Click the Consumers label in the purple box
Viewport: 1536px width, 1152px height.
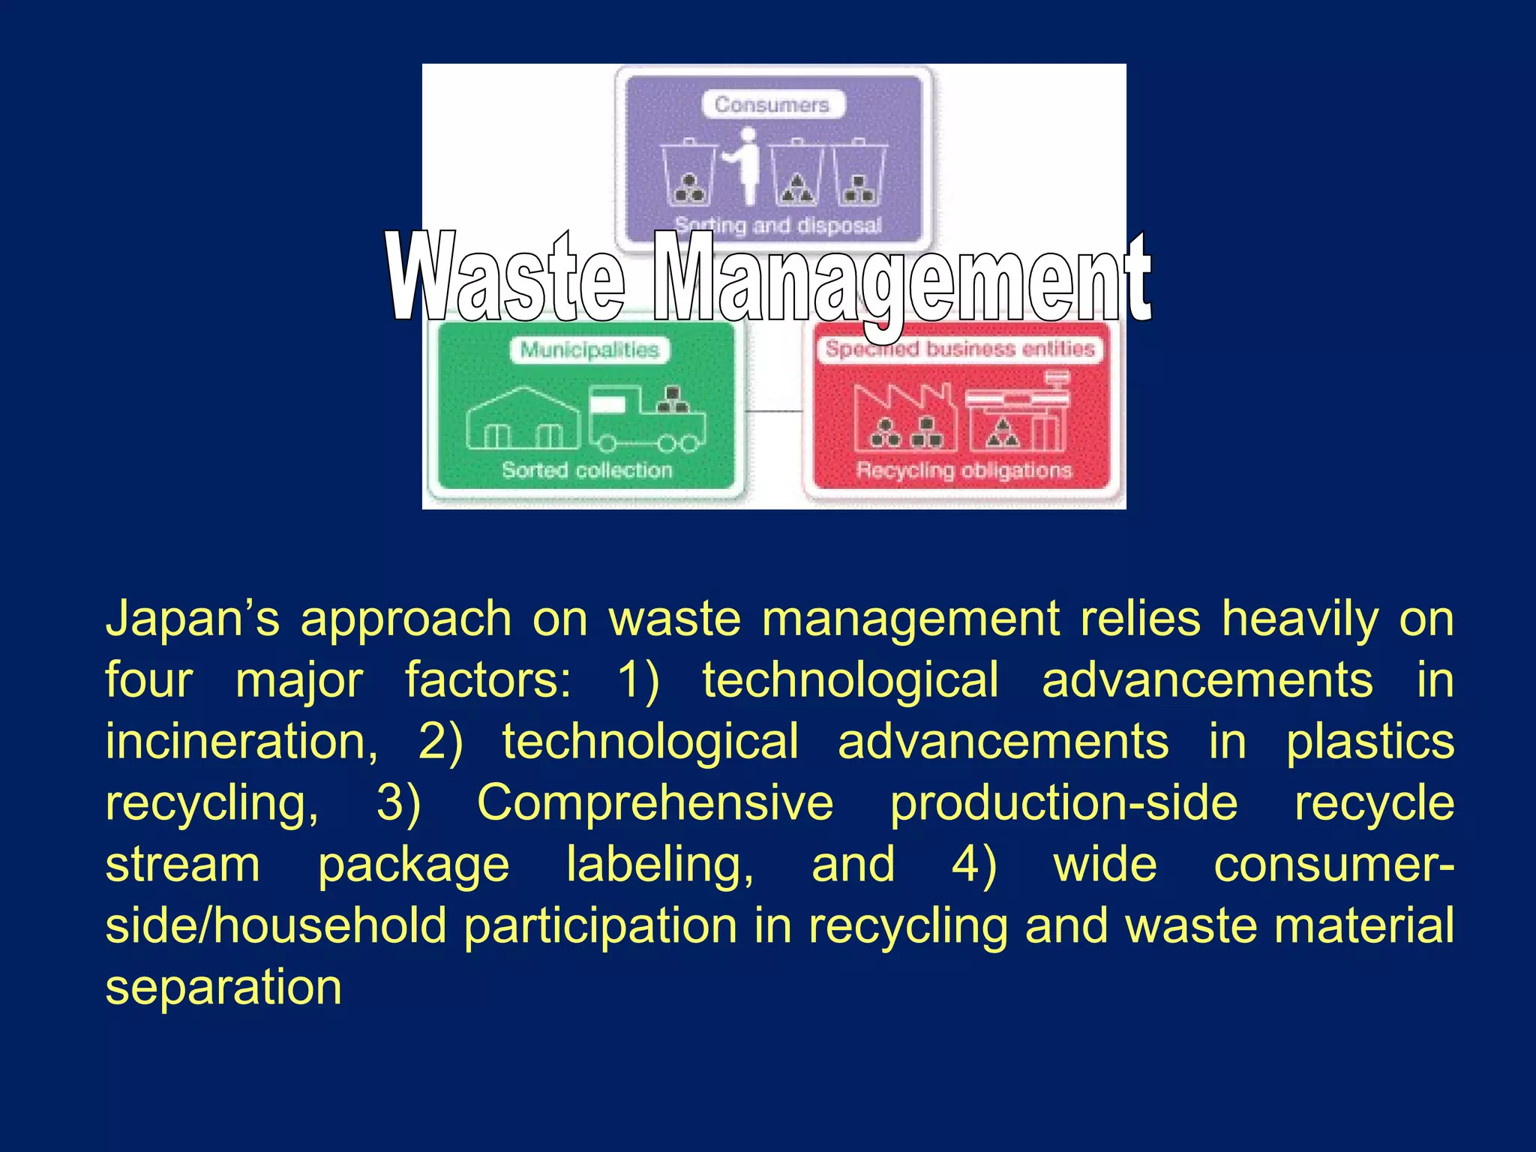tap(772, 104)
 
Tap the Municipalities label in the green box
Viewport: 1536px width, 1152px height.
tap(589, 349)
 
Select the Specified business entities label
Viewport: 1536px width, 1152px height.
tap(960, 349)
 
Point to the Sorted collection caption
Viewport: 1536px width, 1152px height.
tap(586, 470)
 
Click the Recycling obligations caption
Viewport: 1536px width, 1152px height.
tap(964, 470)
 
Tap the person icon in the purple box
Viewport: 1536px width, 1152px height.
tap(745, 166)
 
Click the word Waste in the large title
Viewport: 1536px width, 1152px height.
tap(505, 277)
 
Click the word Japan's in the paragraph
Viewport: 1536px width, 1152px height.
tap(192, 619)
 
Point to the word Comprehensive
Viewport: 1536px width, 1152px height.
tap(655, 803)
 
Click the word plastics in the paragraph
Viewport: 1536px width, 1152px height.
tap(1369, 742)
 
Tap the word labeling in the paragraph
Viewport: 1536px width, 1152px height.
tap(659, 865)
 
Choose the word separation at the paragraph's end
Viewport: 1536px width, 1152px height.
tap(223, 988)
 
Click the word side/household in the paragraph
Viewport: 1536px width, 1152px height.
tap(276, 926)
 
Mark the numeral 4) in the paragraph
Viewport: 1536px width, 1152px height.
tap(974, 865)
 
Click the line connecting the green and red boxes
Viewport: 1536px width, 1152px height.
tap(773, 411)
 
